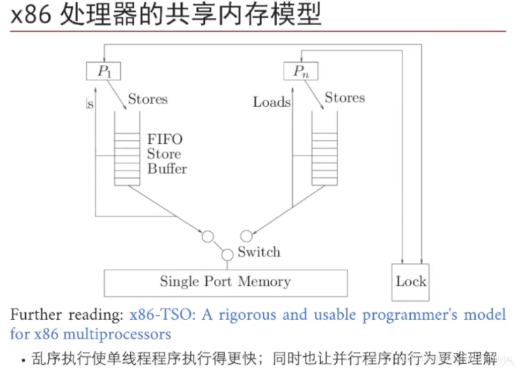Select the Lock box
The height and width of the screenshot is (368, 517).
coord(411,282)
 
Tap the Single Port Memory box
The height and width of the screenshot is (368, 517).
coord(225,282)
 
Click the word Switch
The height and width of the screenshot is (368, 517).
coord(259,252)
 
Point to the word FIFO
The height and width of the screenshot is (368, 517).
coord(165,139)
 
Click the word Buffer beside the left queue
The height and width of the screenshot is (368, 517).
coord(167,169)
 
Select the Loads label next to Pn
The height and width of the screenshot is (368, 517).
coord(271,102)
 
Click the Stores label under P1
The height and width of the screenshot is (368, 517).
coord(147,99)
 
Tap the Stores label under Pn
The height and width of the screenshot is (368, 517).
coord(344,98)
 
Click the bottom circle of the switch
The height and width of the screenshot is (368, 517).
coord(227,254)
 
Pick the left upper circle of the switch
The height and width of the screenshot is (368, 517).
coord(208,236)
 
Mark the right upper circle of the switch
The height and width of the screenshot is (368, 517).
coord(246,236)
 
